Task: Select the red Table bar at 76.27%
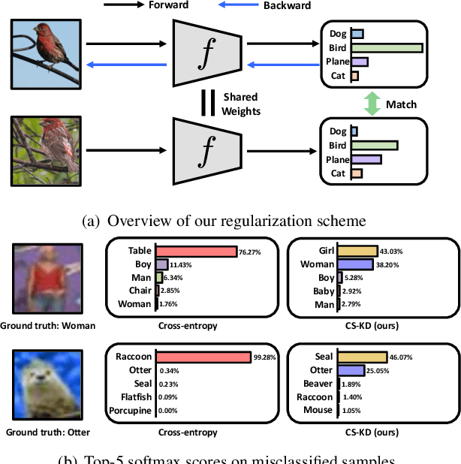coord(196,252)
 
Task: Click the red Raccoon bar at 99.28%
coord(203,357)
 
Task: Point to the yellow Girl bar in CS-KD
coord(357,251)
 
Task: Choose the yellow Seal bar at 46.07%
coord(361,357)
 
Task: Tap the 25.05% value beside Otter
coord(377,371)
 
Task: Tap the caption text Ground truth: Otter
coord(47,432)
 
